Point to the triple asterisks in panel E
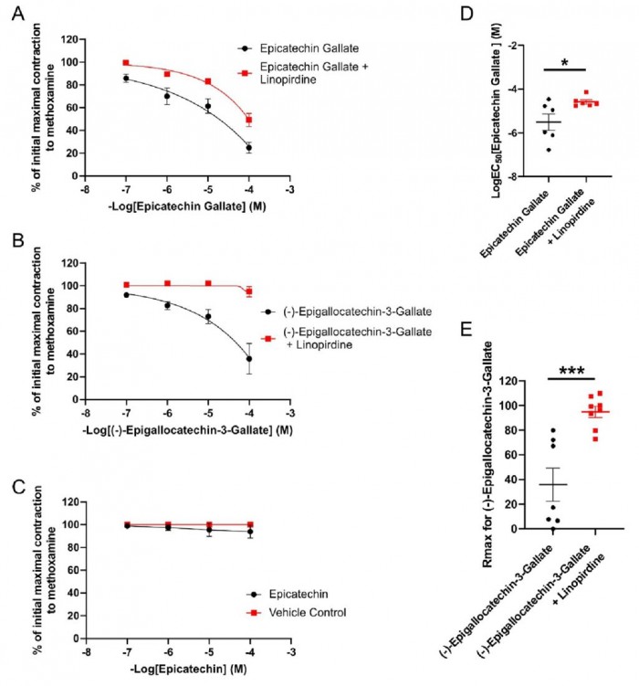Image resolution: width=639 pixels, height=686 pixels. pos(571,367)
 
